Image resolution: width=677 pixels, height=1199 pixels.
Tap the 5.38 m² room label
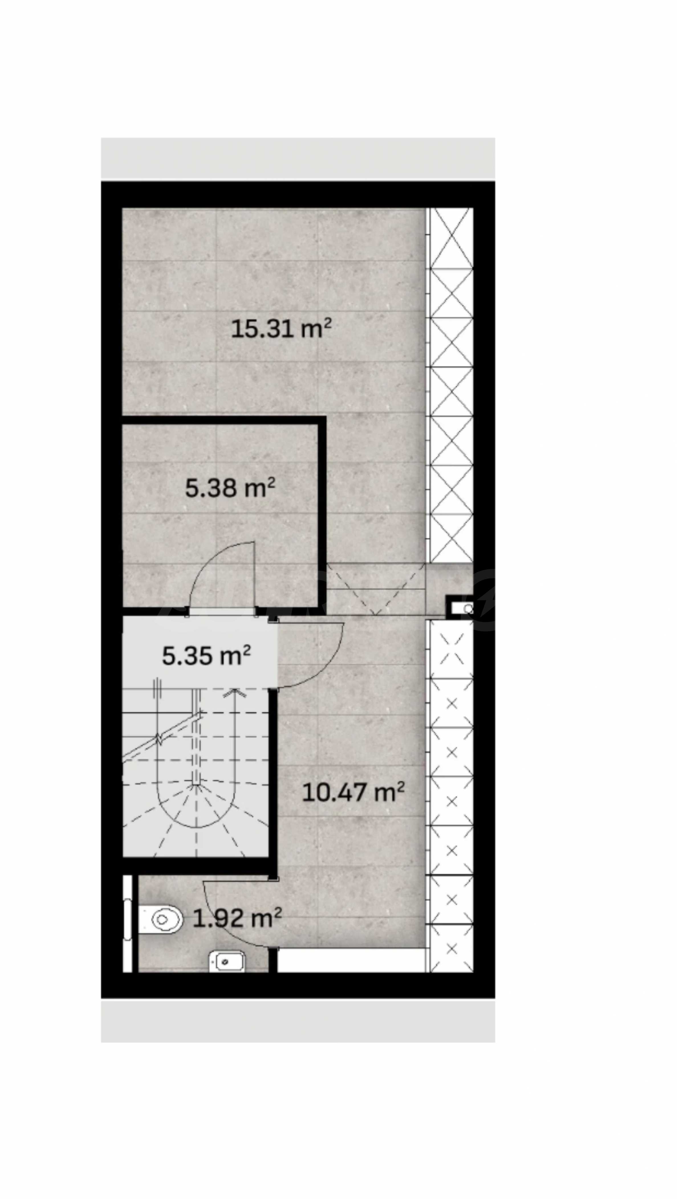point(230,488)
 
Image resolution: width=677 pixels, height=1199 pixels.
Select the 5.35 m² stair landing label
point(206,655)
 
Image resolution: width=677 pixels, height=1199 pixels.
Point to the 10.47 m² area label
point(353,792)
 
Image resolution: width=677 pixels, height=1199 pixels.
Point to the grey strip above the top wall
point(298,159)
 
